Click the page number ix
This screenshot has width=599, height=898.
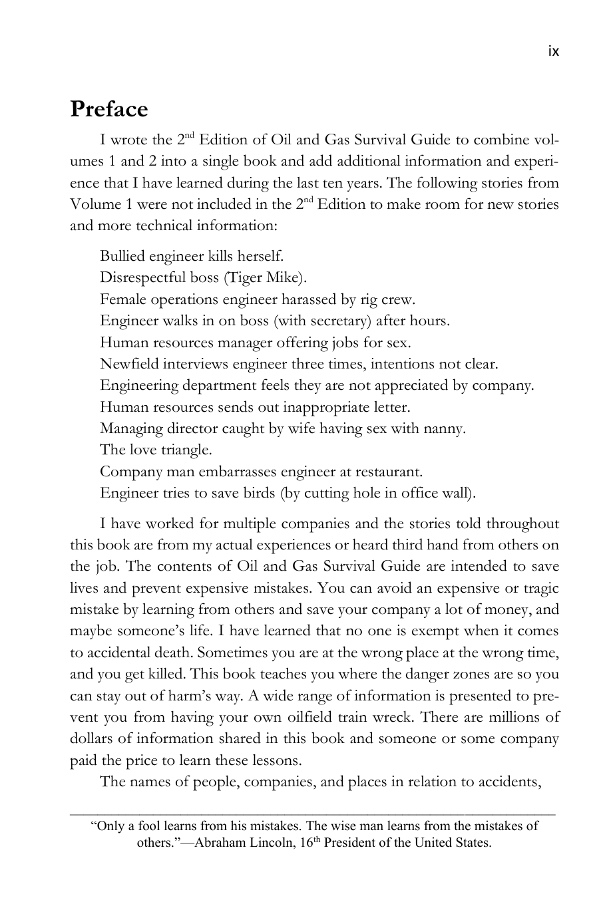coord(553,51)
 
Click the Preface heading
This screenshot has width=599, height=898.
coord(109,109)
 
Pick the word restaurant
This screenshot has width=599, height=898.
coord(390,472)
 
